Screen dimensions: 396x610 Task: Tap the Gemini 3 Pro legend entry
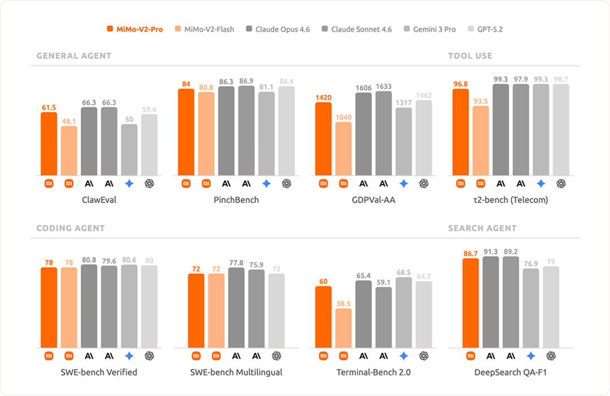point(434,29)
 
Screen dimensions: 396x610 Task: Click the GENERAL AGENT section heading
point(74,56)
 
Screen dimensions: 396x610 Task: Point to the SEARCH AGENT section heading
point(482,228)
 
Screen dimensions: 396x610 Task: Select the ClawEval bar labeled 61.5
point(49,143)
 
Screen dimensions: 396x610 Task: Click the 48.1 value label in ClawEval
point(69,121)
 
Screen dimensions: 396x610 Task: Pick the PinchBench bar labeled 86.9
point(246,130)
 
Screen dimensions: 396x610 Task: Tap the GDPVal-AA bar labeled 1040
point(343,148)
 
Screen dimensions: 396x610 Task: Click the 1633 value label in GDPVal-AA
point(384,86)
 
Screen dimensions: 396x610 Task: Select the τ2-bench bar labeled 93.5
point(481,140)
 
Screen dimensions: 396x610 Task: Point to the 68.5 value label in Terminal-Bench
point(404,272)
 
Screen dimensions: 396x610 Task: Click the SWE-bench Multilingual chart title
point(236,372)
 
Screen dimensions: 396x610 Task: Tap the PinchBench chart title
point(236,200)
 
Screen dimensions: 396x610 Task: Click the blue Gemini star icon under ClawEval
point(129,184)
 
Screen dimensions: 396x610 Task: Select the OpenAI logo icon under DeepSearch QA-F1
point(551,356)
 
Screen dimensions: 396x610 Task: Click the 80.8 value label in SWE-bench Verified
point(89,260)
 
